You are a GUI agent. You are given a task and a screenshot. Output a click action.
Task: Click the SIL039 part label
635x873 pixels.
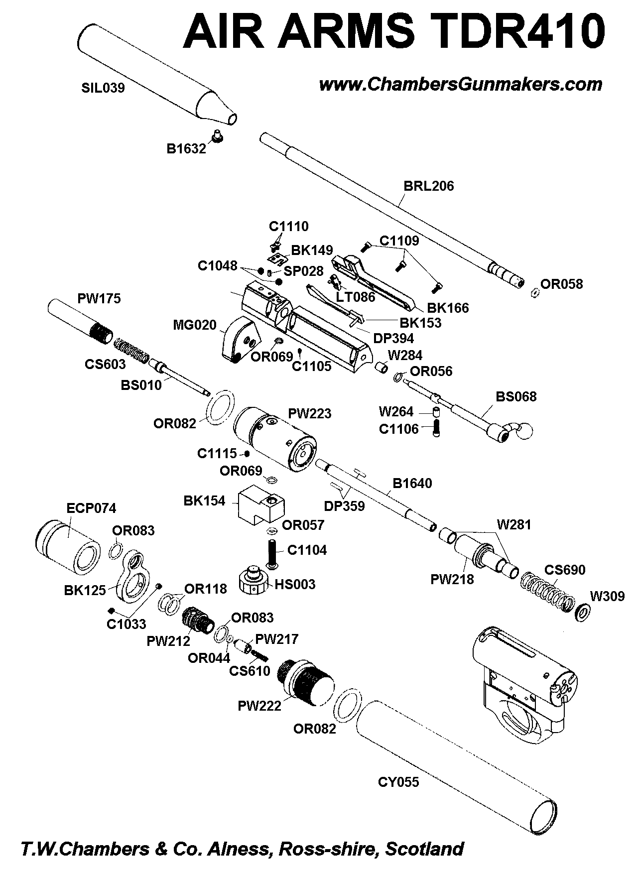103,89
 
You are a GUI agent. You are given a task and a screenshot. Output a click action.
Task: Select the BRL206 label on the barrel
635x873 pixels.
429,186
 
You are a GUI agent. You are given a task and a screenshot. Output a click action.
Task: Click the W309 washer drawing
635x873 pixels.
582,613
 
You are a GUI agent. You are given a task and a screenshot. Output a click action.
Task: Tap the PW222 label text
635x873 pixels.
259,706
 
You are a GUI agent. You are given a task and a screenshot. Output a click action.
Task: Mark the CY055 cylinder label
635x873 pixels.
398,782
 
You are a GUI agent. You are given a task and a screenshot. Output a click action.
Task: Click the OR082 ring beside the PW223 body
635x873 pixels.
221,408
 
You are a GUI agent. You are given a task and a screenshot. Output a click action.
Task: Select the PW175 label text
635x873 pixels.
99,299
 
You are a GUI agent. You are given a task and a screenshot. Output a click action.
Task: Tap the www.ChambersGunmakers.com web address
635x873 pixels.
460,84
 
